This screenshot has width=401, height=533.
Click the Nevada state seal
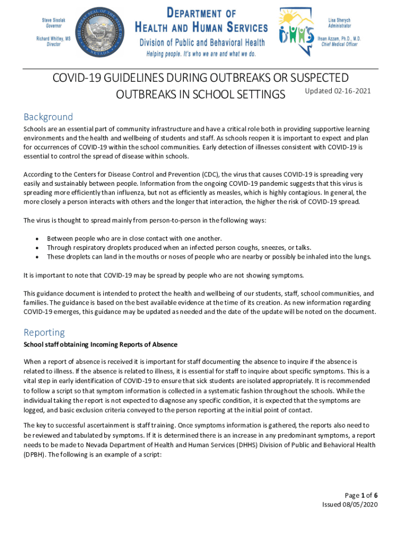pos(100,31)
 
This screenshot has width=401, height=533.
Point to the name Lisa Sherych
pos(340,20)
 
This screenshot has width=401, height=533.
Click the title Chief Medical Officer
pos(341,44)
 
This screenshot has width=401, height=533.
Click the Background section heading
pos(48,117)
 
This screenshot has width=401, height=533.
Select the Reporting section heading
pos(44,332)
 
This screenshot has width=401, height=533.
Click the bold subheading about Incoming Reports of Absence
pos(101,345)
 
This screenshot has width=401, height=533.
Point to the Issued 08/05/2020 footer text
pos(350,504)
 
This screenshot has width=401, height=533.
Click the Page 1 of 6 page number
pos(361,495)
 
